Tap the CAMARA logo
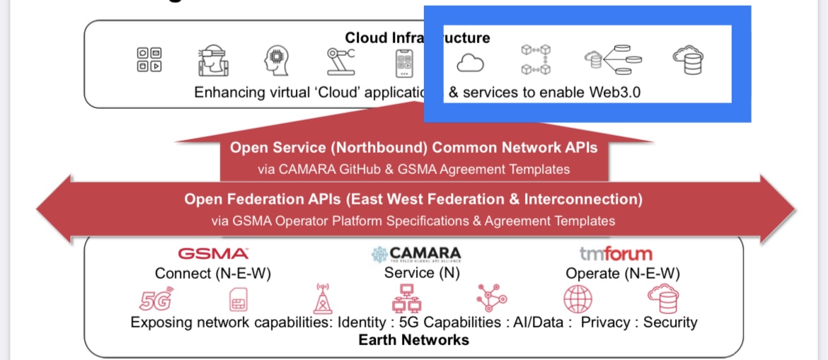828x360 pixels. (x=416, y=254)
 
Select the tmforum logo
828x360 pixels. (x=616, y=253)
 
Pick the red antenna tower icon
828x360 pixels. (x=322, y=298)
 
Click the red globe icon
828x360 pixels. (x=577, y=299)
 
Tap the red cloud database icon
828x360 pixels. (x=663, y=298)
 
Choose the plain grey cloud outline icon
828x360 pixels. (x=470, y=64)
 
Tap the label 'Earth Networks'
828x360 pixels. (x=413, y=340)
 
